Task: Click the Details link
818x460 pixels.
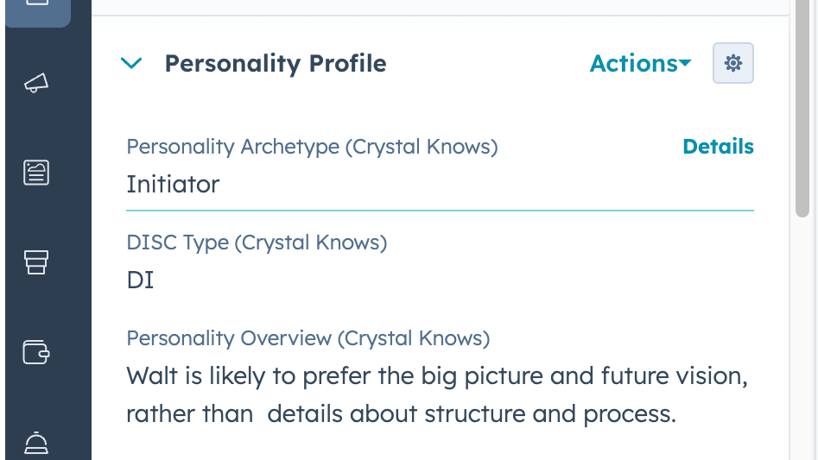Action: coord(718,147)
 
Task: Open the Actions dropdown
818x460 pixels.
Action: coord(640,64)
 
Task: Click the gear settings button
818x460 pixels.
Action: coord(733,63)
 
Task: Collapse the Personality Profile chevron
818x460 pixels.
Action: coord(131,64)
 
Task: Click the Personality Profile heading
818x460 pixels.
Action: coord(276,64)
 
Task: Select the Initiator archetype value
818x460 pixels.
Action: coord(173,184)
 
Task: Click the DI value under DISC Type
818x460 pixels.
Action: coord(140,280)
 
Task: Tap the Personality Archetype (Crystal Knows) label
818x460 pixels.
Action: coord(312,147)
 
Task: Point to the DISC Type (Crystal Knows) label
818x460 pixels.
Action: coord(257,243)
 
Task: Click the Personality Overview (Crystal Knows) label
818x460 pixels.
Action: coord(308,338)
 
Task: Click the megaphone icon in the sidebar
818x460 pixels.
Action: coord(36,83)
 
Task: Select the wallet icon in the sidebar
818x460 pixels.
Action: coord(36,351)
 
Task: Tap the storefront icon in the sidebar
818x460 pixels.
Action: coord(36,262)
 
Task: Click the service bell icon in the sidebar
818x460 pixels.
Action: coord(36,443)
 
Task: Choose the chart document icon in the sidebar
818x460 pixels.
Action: coord(36,173)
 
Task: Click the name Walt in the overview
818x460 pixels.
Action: coord(149,377)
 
